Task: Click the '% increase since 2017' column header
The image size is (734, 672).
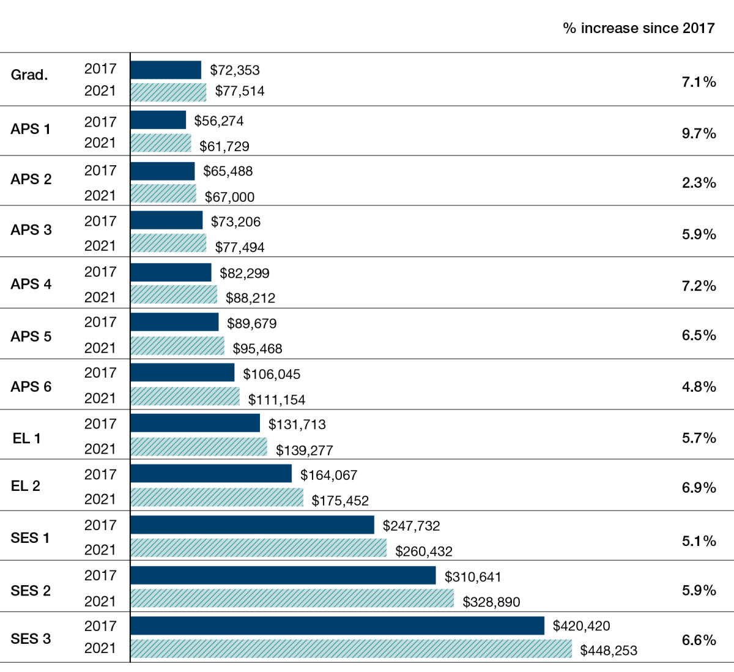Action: pos(639,28)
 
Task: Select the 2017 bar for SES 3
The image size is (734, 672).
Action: pos(337,625)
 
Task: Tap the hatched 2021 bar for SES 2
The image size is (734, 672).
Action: pos(292,599)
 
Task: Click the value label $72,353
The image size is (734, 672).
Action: pos(235,70)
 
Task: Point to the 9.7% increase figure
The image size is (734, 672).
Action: pos(699,133)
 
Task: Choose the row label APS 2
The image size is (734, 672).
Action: pos(31,179)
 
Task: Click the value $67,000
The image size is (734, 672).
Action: pos(229,197)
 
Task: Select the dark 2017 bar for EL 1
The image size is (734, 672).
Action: pos(195,423)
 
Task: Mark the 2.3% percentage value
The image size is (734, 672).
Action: pos(699,183)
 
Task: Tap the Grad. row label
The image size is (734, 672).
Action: pos(29,75)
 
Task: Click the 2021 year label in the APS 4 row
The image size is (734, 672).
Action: pos(100,297)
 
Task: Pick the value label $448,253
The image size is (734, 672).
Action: pos(609,651)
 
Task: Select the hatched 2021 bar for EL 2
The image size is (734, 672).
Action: pos(217,498)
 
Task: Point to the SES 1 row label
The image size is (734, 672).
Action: pos(30,538)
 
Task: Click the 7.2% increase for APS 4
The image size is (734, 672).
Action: pos(699,286)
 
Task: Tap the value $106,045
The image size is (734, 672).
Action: pos(272,374)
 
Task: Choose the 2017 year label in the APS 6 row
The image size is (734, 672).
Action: pos(100,373)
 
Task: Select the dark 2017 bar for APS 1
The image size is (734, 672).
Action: pos(158,120)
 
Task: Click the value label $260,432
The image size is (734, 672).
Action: pos(424,551)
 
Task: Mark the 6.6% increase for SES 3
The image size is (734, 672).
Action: pos(699,640)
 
